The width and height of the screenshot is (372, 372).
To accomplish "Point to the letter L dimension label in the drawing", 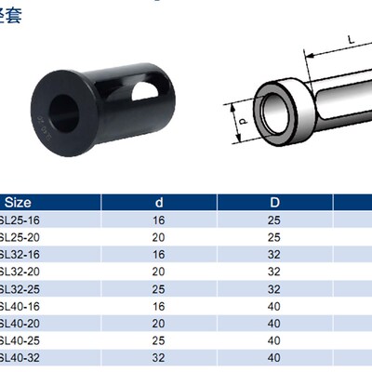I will pos(350,39).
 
